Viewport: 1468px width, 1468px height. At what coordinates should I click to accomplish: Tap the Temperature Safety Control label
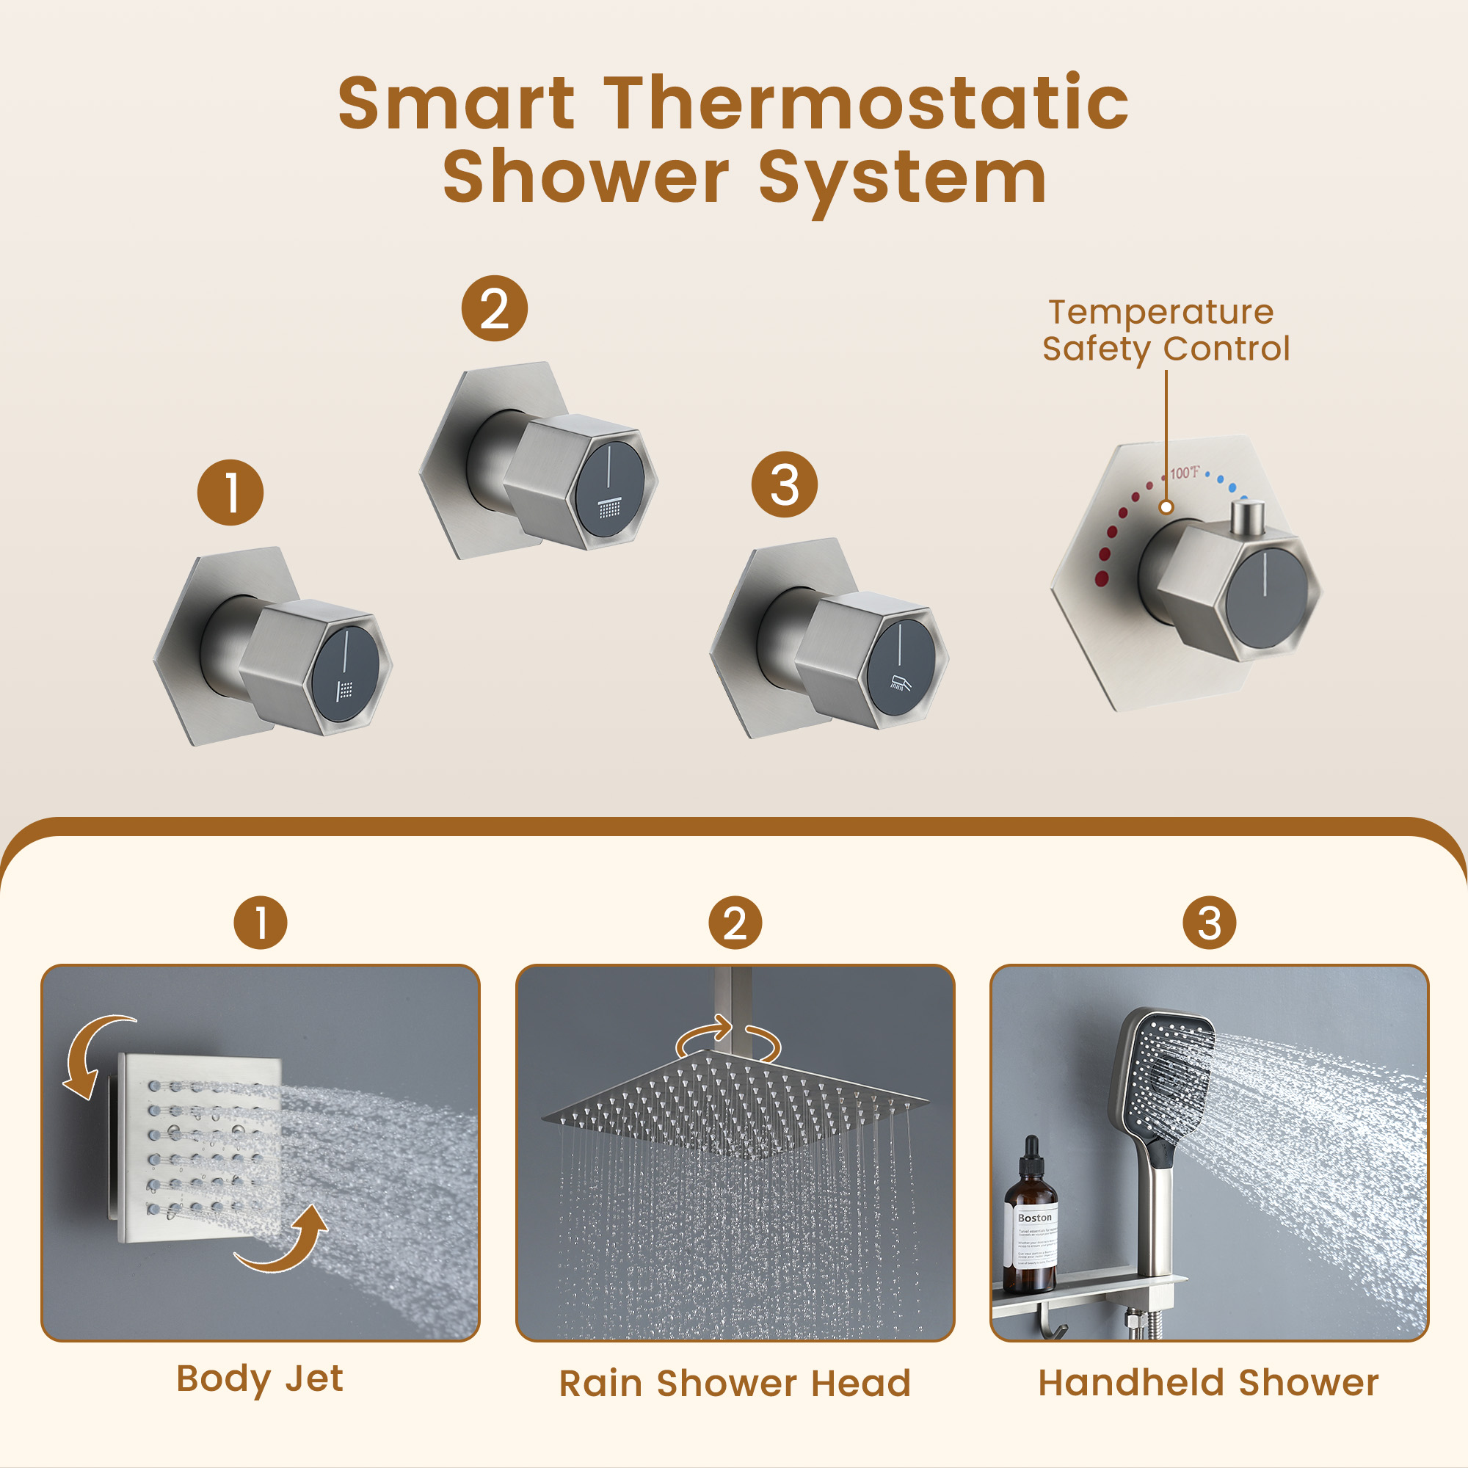[1165, 330]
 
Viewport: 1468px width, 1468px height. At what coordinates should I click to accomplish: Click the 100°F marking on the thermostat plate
[1184, 473]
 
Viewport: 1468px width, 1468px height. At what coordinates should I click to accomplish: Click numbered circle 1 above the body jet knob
[230, 493]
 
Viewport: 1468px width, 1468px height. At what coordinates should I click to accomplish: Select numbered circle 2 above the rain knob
[495, 308]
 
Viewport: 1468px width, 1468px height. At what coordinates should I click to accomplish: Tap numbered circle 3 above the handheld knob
[784, 484]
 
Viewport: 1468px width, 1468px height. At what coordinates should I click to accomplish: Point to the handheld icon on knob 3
[900, 683]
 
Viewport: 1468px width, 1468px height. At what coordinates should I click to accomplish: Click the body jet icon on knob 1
[346, 689]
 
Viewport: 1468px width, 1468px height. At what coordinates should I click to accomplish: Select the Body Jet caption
[260, 1378]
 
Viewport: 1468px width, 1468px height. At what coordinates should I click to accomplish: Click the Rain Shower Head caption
[735, 1383]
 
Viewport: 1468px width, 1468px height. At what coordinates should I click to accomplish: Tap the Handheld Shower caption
[1208, 1382]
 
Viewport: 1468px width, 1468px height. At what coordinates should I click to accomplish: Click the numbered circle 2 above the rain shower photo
[735, 923]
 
